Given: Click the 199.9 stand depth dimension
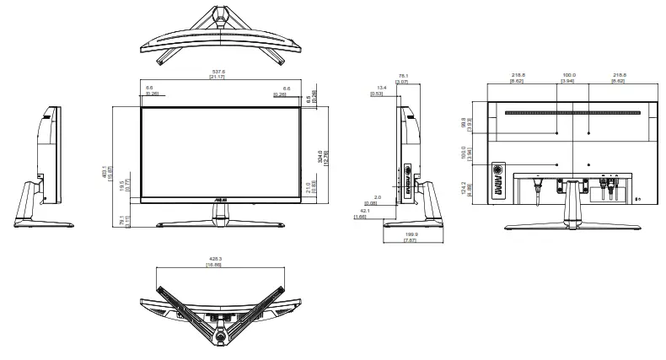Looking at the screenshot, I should tap(411, 236).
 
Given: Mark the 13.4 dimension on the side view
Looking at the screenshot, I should tap(382, 88).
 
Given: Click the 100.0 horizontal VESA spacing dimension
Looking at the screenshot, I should tap(572, 75).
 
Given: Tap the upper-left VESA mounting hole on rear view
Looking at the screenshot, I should tap(557, 133).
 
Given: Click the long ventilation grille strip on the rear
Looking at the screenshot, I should tap(572, 112).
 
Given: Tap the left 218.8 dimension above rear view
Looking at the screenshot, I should tap(518, 75).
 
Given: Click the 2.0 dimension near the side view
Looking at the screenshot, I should tap(377, 198).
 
